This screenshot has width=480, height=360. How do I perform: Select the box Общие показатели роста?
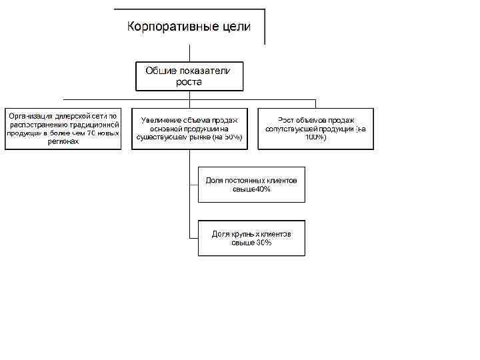pos(189,76)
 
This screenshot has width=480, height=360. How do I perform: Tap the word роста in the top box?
pos(189,82)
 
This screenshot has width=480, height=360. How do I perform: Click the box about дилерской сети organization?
pos(63,129)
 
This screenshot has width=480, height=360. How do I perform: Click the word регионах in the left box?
pos(63,141)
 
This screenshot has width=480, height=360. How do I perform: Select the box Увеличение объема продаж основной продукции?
pos(189,129)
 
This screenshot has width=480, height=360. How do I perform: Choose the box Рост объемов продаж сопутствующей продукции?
pos(316,129)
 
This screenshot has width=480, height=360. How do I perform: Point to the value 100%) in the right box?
pos(316,137)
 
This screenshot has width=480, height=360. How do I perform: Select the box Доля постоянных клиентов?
pos(251,185)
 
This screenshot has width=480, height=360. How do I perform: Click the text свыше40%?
pos(251,189)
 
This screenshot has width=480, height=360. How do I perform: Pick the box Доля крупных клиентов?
pos(251,238)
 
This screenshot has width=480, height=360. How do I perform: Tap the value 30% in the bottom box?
pos(263,243)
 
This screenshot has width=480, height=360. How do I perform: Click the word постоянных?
pos(248,181)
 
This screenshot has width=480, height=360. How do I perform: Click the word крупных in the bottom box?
pos(247,234)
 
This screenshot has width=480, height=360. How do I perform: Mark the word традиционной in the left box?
pos(93,124)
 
